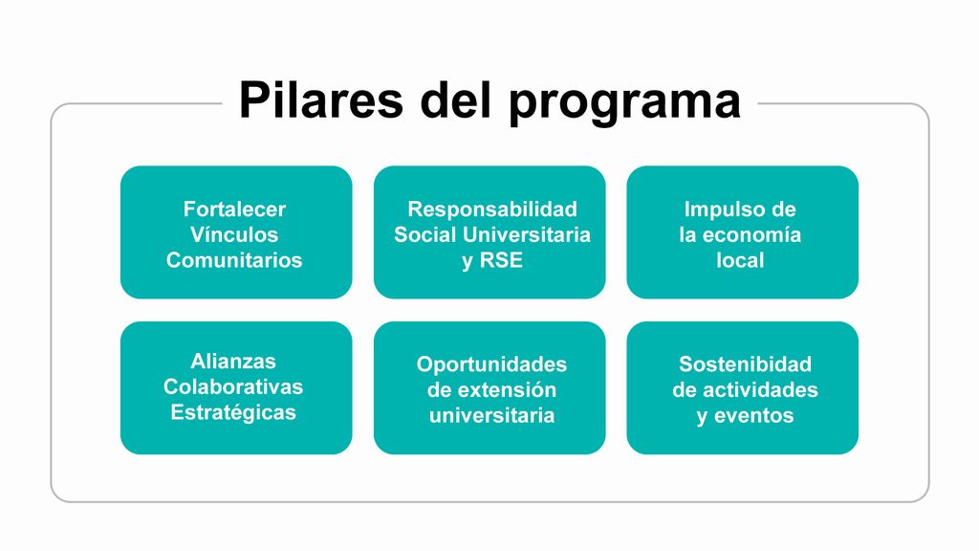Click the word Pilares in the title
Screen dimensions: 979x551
(321, 99)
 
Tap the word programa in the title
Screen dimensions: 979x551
(624, 103)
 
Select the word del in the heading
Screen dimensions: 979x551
(456, 99)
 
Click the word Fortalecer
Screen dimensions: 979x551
(234, 209)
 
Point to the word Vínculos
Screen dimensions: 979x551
(234, 235)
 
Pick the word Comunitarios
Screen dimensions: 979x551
(234, 260)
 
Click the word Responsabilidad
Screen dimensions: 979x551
(492, 209)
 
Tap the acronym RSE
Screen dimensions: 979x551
(501, 260)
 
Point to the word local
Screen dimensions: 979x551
(740, 260)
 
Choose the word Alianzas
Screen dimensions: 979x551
(233, 362)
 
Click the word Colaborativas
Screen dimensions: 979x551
(233, 387)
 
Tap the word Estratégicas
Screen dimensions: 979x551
(233, 413)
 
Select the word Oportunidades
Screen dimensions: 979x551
(492, 365)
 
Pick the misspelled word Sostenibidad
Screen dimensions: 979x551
(745, 364)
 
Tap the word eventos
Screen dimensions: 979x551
(753, 416)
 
